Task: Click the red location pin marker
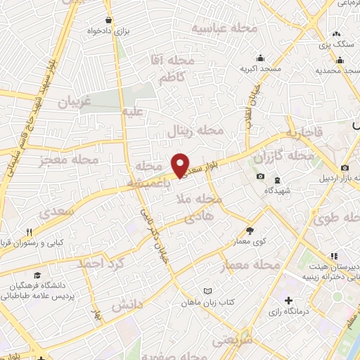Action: [x=181, y=165]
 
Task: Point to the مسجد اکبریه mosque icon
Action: [x=261, y=58]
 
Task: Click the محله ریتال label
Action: [x=195, y=131]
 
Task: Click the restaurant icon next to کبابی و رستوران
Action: [x=29, y=231]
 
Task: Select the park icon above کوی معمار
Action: [x=250, y=230]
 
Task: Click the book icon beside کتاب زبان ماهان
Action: [x=207, y=290]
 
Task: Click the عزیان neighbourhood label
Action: [x=75, y=102]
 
